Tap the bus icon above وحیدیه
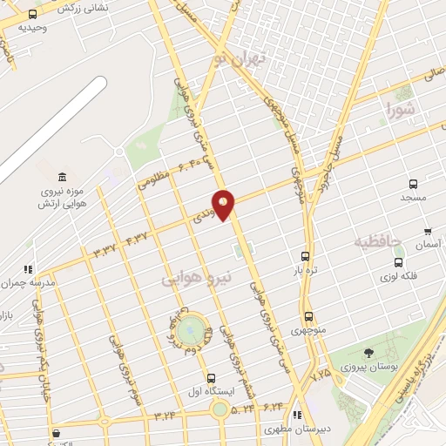point(32,15)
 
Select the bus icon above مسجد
point(413,185)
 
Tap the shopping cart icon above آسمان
point(427,232)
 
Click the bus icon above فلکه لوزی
point(398,261)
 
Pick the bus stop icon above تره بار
point(305,256)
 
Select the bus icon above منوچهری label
point(308,317)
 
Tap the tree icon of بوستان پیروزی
point(369,354)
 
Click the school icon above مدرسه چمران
point(29,269)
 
